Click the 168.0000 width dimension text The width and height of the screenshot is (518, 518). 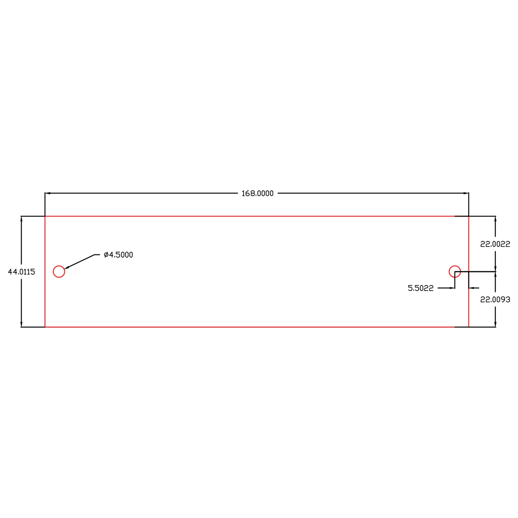click(x=257, y=193)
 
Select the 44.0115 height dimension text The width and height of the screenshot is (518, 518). click(x=22, y=272)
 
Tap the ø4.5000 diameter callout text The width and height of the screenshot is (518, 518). click(x=118, y=255)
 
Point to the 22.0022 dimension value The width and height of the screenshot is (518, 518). click(x=495, y=244)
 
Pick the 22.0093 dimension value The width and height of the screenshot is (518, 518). click(x=495, y=299)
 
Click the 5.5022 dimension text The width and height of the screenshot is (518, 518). click(x=420, y=288)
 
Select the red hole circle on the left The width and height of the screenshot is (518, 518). click(x=59, y=272)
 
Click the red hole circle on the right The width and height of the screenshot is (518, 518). click(x=455, y=272)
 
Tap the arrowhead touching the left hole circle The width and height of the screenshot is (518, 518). click(x=67, y=267)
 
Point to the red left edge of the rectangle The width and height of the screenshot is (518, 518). click(x=45, y=295)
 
